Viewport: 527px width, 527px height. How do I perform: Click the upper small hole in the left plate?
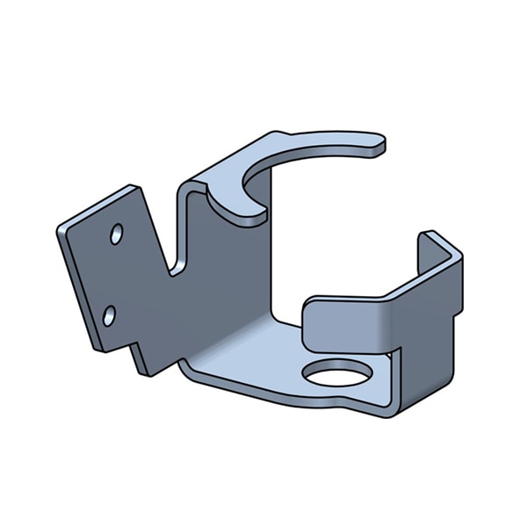116,234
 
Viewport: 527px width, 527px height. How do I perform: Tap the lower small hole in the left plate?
109,315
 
